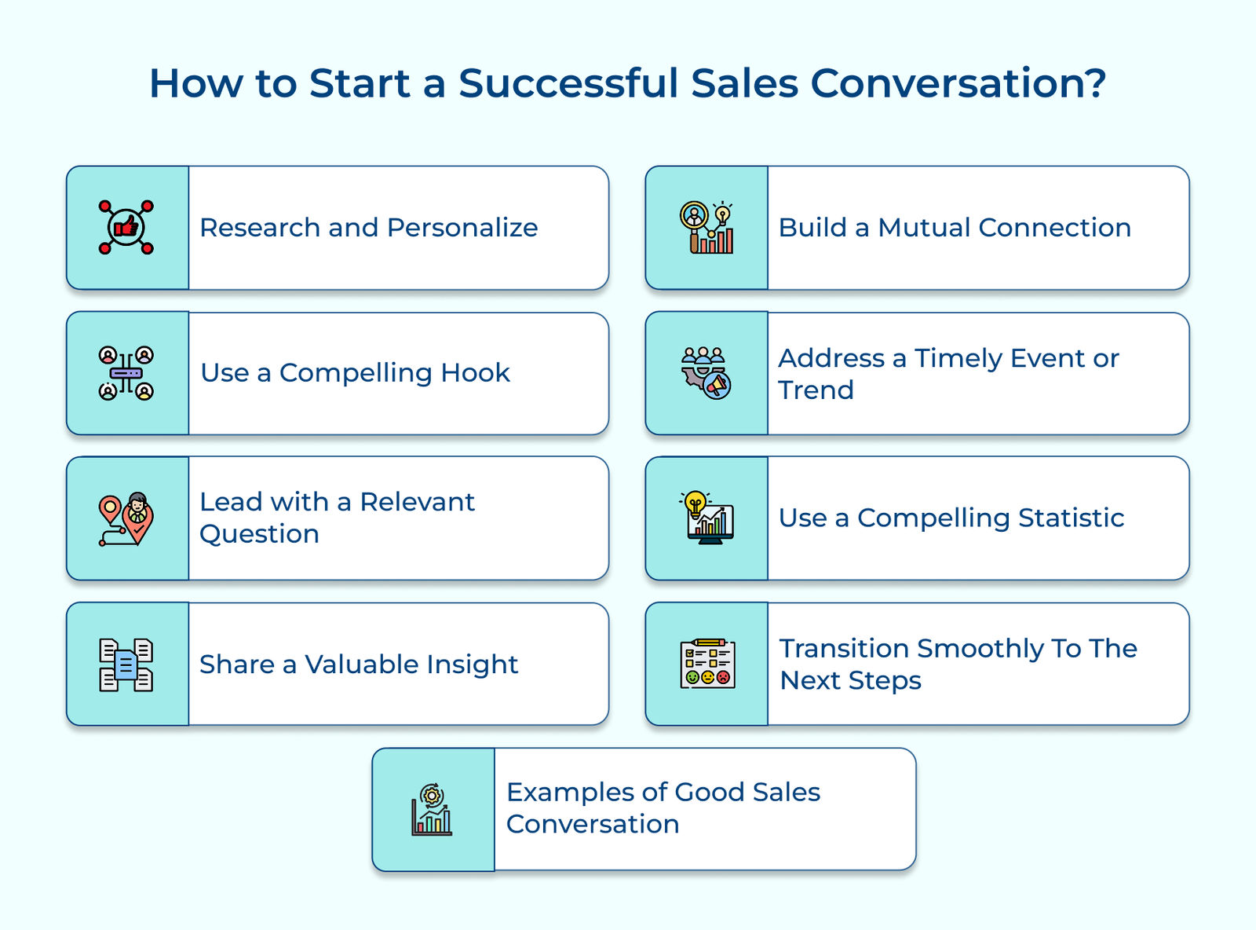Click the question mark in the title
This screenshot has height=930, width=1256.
[x=1096, y=83]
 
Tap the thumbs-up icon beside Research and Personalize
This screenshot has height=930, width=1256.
[x=126, y=227]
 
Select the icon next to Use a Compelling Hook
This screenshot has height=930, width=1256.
[x=126, y=373]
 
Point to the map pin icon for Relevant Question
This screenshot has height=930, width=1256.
[x=126, y=518]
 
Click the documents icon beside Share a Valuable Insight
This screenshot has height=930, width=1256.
[x=126, y=665]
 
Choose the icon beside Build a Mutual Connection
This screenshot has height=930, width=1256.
[x=706, y=227]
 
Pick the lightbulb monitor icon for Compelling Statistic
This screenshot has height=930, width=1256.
[x=706, y=518]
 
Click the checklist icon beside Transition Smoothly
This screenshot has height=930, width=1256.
[x=707, y=664]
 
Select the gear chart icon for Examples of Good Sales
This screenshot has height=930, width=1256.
[x=432, y=809]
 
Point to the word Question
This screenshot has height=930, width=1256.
[x=259, y=534]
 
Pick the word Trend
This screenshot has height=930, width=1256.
[x=816, y=390]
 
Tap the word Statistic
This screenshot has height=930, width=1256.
[x=1071, y=518]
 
